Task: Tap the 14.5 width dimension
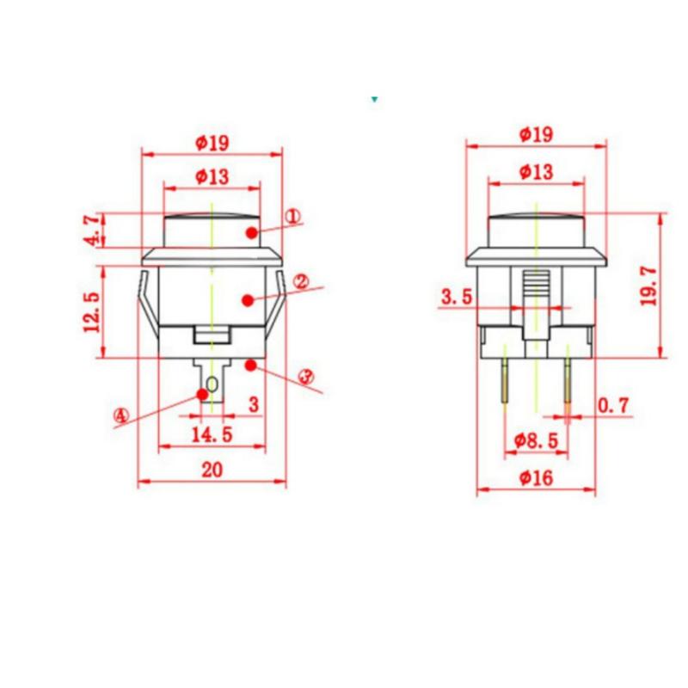click(x=212, y=434)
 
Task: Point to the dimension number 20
click(x=212, y=470)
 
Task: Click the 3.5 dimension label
click(x=457, y=298)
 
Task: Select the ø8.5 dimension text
click(x=536, y=440)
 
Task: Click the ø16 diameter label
click(x=536, y=479)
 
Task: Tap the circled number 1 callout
click(x=292, y=217)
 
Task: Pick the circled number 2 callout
click(x=302, y=281)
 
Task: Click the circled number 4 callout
click(x=120, y=416)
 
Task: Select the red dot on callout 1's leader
click(x=250, y=233)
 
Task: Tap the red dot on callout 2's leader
click(x=248, y=300)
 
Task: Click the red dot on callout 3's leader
click(x=250, y=366)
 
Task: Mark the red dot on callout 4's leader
click(x=203, y=394)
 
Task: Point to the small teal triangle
click(x=375, y=100)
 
